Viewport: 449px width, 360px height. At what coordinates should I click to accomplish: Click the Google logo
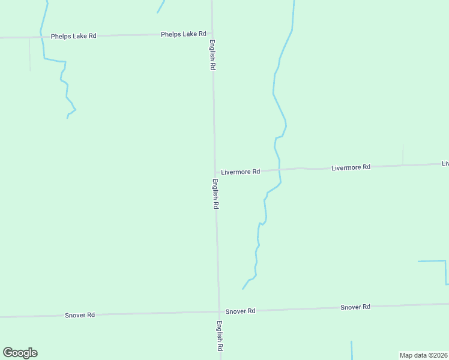(20, 353)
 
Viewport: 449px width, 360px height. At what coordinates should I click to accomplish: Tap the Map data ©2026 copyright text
(423, 355)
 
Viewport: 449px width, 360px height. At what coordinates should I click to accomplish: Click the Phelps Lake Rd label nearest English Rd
(183, 34)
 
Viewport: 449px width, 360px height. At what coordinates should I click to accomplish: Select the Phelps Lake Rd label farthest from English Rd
(73, 36)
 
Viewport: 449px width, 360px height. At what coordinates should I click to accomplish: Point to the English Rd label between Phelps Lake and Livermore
(212, 55)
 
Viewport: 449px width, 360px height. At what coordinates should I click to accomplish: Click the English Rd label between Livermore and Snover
(215, 194)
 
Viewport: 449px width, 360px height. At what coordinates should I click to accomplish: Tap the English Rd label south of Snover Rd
(220, 336)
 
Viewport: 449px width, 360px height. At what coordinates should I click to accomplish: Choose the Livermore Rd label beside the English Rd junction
(240, 172)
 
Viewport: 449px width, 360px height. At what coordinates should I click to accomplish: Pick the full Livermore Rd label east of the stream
(351, 167)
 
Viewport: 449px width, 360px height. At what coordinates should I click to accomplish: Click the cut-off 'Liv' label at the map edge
(445, 163)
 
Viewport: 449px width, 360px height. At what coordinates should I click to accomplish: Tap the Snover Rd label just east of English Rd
(240, 311)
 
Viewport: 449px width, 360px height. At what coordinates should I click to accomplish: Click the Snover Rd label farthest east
(355, 307)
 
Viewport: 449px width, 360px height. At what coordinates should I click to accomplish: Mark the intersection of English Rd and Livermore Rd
(215, 172)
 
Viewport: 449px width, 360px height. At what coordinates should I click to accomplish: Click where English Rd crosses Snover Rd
(218, 311)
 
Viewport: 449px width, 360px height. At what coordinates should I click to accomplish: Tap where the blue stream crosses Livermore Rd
(280, 170)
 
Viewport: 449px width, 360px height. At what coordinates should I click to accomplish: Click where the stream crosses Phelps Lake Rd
(43, 37)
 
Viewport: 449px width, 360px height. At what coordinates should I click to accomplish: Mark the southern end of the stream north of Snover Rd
(243, 289)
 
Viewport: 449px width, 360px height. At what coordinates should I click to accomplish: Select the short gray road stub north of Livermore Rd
(403, 154)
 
